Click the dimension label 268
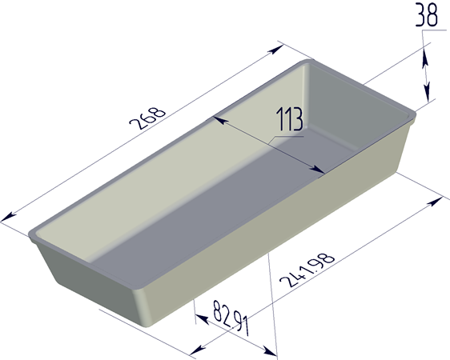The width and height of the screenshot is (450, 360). [147, 118]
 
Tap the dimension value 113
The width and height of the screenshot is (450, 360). [290, 119]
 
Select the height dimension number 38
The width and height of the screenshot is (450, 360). [427, 15]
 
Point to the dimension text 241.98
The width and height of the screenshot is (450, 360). [307, 270]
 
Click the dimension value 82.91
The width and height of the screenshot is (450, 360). [231, 318]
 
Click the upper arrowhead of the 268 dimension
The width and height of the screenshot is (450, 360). [275, 50]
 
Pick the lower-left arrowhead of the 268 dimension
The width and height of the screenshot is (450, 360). [8, 217]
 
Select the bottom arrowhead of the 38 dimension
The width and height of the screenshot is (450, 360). [427, 92]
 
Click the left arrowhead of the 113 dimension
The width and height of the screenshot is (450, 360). [220, 120]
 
